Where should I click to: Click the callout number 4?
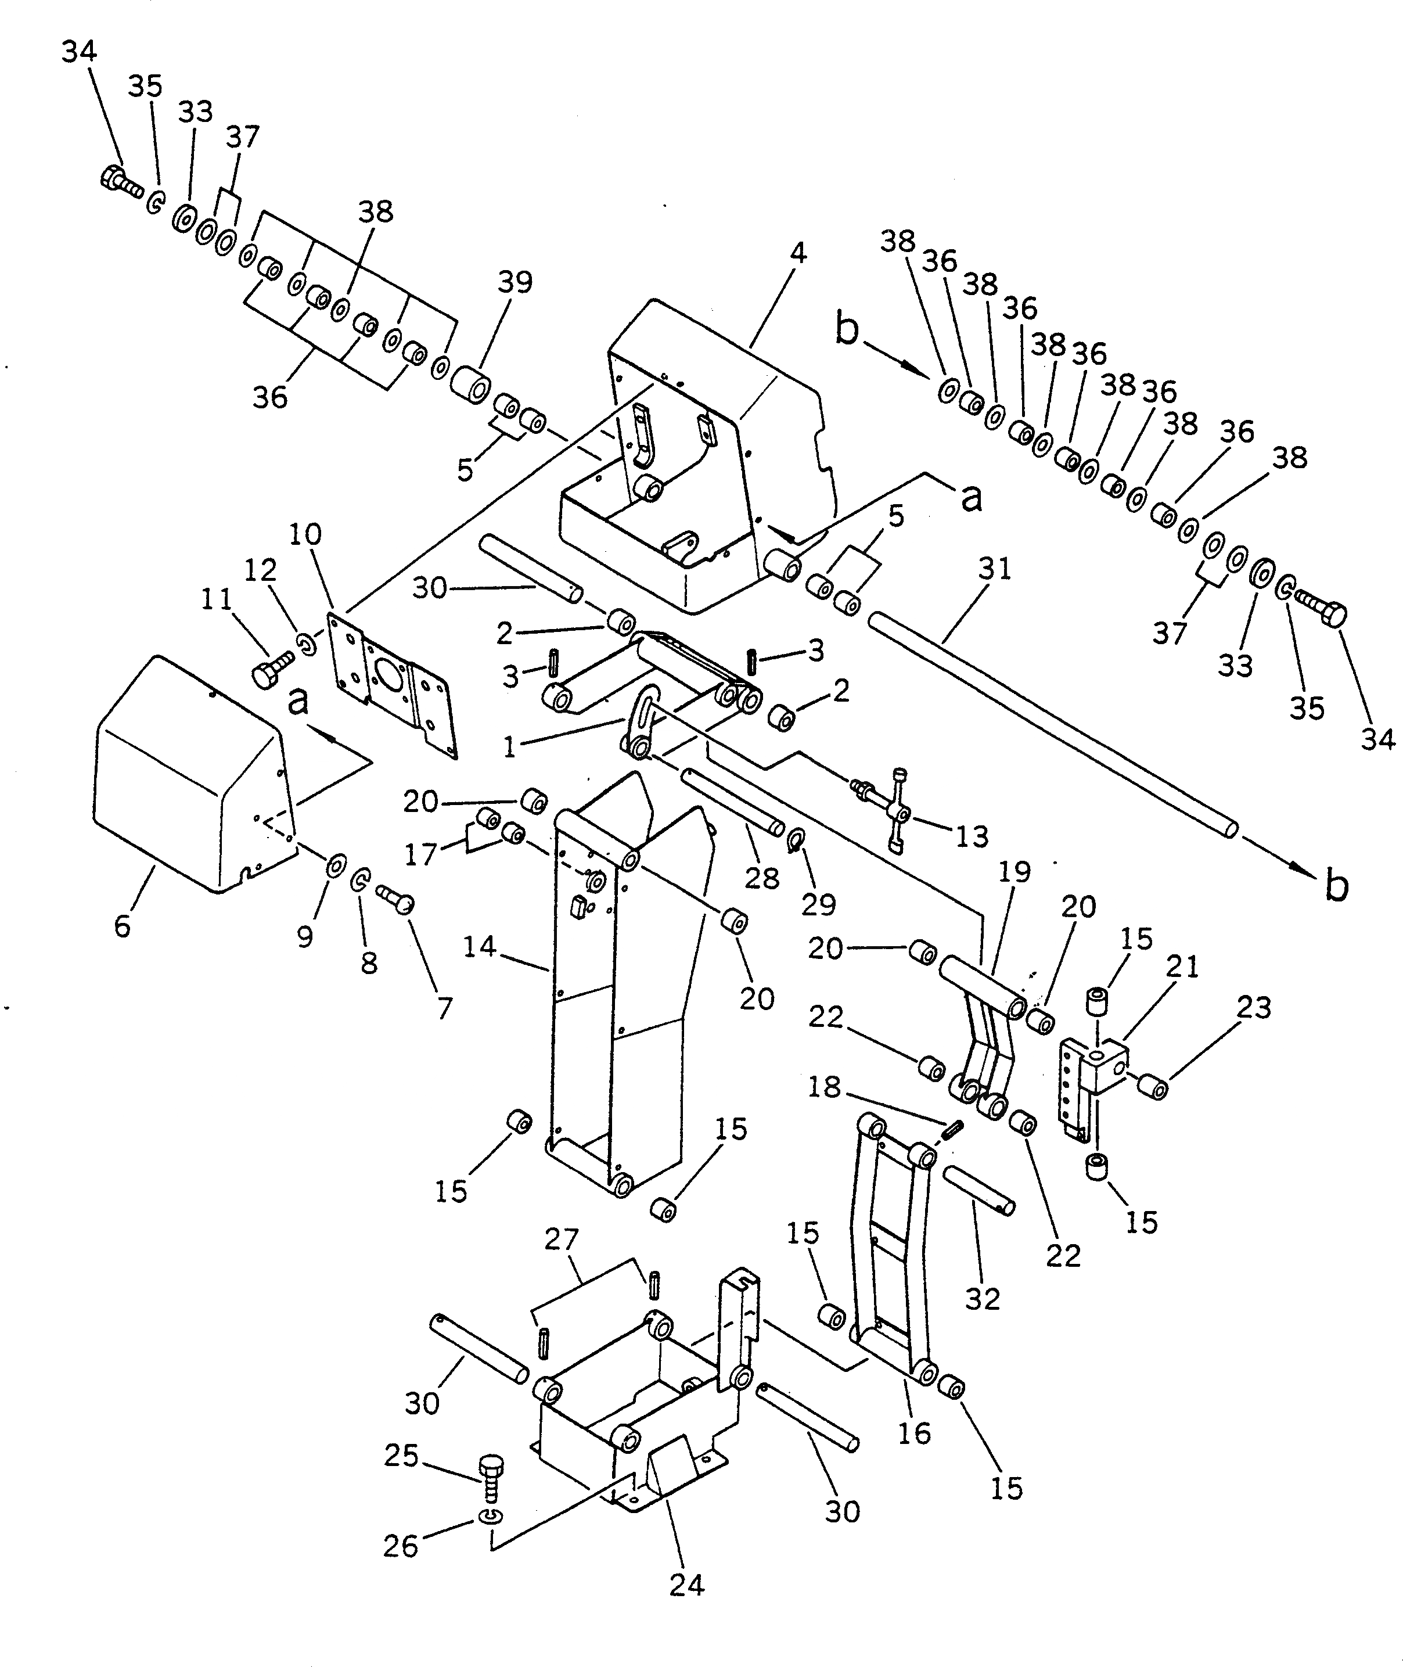[798, 253]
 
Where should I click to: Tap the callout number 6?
[122, 926]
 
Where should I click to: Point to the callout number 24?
[686, 1585]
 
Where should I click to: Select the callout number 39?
[515, 282]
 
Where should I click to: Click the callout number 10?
[305, 534]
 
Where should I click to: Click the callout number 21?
[1182, 967]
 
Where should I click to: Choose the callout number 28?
[761, 878]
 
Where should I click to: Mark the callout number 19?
[1014, 872]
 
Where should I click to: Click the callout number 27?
[562, 1239]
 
